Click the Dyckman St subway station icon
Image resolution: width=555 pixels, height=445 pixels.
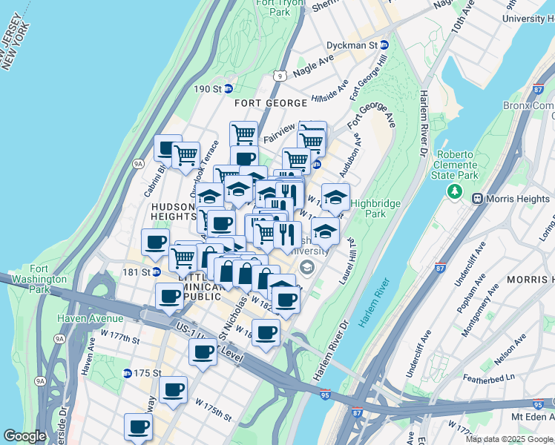384,45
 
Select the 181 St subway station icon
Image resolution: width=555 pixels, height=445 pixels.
157,271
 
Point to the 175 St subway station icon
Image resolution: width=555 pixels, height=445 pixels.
128,373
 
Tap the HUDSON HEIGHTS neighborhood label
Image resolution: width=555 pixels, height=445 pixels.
173,213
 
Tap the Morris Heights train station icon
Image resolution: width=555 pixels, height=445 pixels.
477,198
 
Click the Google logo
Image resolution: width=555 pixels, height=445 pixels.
24,436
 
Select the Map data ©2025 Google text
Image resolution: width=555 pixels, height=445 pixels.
509,438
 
